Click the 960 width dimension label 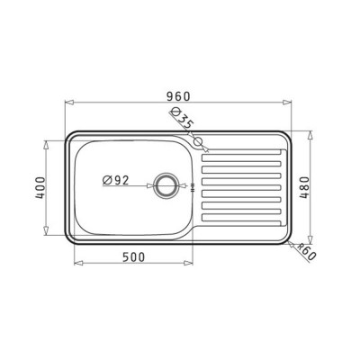(x=178, y=96)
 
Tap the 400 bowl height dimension (x=40, y=188)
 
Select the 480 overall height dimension (x=304, y=188)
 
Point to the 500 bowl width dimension (x=133, y=257)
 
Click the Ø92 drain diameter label (x=116, y=180)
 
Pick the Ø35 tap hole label (x=182, y=118)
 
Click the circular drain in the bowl (x=166, y=185)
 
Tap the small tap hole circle (x=198, y=140)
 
